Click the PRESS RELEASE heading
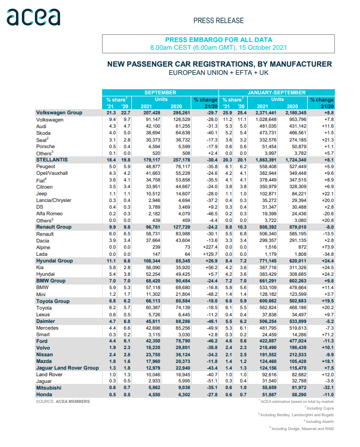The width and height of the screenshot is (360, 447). pyautogui.click(x=218, y=21)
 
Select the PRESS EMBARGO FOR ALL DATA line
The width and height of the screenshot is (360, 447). pyautogui.click(x=218, y=39)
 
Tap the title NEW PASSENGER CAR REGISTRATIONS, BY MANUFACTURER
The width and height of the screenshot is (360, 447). pyautogui.click(x=219, y=64)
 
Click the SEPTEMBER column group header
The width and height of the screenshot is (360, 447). pyautogui.click(x=160, y=92)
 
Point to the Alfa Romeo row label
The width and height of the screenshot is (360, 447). pyautogui.click(x=49, y=213)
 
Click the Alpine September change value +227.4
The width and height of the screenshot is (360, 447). pyautogui.click(x=206, y=246)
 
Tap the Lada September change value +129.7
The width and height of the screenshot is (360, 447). pyautogui.click(x=206, y=253)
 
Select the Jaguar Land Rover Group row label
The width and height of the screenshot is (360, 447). pyautogui.click(x=67, y=368)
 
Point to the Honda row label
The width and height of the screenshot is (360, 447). pyautogui.click(x=44, y=394)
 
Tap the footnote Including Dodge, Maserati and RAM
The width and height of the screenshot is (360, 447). pyautogui.click(x=302, y=428)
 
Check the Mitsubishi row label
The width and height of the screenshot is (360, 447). pyautogui.click(x=49, y=388)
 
